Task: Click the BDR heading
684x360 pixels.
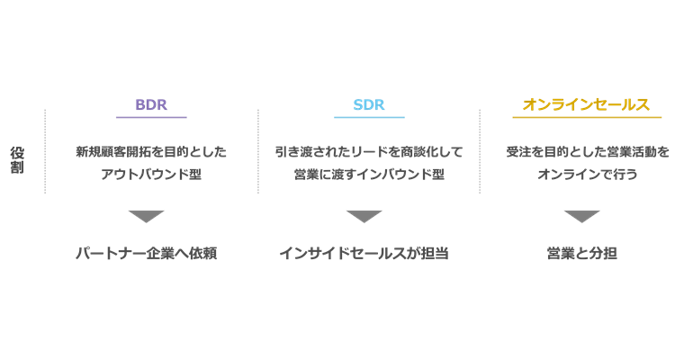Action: coord(151,104)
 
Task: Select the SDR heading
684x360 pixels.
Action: coord(369,104)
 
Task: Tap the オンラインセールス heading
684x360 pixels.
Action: coord(587,104)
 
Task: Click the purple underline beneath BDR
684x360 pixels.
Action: coord(151,117)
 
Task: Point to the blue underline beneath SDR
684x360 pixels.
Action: coord(369,117)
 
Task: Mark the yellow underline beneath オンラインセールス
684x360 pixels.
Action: coord(587,117)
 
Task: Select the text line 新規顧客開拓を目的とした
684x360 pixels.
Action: coord(151,152)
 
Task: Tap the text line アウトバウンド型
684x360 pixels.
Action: coord(151,174)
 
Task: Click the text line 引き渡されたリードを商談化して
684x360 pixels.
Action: coord(369,152)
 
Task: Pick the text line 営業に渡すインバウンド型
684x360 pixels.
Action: coord(369,174)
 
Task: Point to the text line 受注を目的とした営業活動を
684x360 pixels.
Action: coord(587,152)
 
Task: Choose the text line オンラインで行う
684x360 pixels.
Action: coord(587,174)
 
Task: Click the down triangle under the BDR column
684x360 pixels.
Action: coord(146,216)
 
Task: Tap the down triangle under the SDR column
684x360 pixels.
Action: coord(364,216)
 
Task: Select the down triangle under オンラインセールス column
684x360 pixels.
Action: coord(581,216)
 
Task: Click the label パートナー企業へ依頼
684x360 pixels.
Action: coord(146,254)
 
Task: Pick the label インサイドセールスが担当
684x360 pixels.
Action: coord(364,254)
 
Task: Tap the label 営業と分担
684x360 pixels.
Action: coord(581,254)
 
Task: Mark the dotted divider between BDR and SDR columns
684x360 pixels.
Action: coord(258,151)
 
